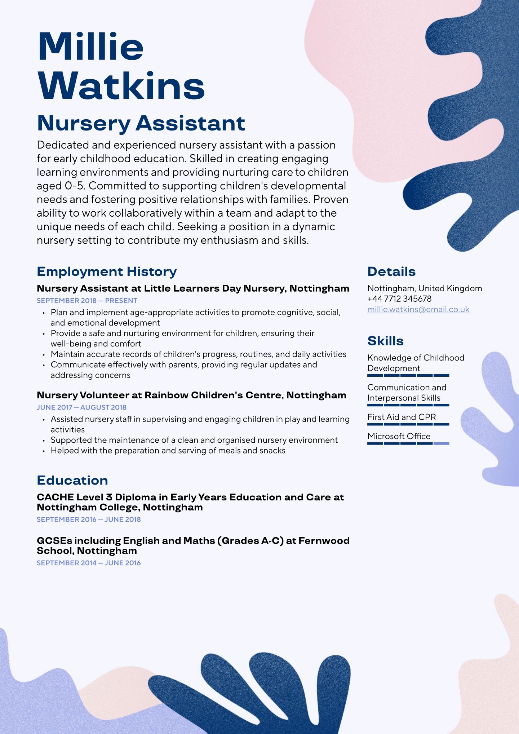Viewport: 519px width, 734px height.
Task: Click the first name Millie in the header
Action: coord(91,47)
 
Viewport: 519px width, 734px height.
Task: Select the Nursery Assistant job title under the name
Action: coord(141,123)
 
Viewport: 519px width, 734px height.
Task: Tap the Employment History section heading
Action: coord(107,271)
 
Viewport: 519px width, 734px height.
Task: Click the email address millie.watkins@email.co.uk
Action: coord(418,309)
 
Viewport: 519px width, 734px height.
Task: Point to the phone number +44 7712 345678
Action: coord(399,299)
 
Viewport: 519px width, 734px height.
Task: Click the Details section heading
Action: coord(391,271)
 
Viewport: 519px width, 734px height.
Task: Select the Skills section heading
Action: coord(385,341)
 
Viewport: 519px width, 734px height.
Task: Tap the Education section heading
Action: coord(72,480)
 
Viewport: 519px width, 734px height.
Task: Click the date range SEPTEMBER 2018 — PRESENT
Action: coord(87,301)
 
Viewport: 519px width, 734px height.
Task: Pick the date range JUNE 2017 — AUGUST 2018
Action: coord(81,407)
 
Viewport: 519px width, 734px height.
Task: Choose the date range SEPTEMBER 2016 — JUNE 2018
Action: coord(89,519)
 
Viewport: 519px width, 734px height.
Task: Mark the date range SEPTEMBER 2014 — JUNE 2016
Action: coord(89,563)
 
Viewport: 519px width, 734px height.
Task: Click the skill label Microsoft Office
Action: coord(399,436)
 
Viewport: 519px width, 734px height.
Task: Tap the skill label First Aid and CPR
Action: coord(402,417)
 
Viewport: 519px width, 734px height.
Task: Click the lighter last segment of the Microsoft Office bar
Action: coord(441,443)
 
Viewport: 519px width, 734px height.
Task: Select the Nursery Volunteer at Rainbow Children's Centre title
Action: coord(191,395)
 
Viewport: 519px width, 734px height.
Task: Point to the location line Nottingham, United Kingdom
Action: coord(425,288)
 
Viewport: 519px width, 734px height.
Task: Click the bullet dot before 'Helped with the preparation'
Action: coord(44,451)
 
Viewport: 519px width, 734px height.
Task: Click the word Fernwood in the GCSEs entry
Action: coord(324,541)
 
